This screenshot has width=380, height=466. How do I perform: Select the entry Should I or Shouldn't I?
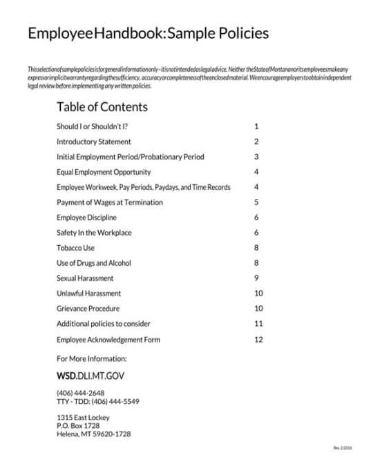tap(92, 126)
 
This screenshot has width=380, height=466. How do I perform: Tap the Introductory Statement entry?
tap(94, 142)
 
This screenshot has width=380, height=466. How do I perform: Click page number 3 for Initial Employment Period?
tap(256, 157)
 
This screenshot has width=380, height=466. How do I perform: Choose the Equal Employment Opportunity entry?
tap(104, 172)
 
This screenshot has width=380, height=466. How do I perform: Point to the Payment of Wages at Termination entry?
tap(110, 202)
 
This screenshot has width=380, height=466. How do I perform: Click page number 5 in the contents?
tap(256, 202)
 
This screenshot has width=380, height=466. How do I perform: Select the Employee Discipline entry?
tap(86, 217)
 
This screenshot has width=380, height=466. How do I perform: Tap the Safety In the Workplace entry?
tap(94, 233)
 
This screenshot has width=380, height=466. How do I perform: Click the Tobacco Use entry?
tap(75, 248)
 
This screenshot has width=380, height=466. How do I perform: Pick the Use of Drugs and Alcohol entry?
tap(93, 263)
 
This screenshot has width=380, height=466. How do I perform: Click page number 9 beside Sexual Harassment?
tap(256, 278)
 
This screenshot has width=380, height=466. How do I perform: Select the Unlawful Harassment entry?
tap(88, 293)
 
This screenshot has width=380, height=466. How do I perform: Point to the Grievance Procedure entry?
tap(88, 309)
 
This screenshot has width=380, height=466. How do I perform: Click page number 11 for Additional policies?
tap(258, 324)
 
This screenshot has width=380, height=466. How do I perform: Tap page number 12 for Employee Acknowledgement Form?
tap(258, 340)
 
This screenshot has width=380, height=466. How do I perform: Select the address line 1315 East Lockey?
tap(83, 418)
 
